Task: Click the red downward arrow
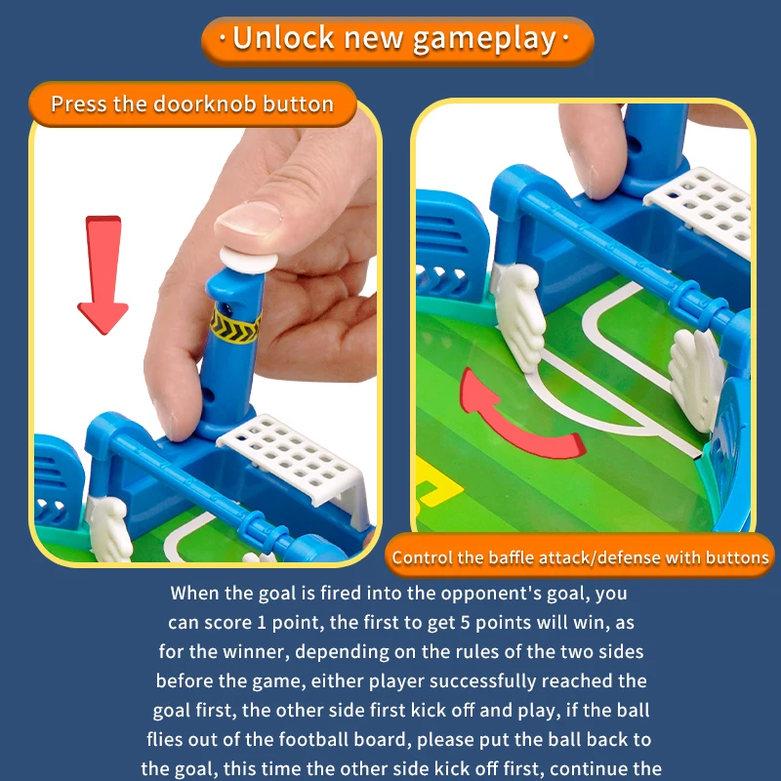click(x=103, y=274)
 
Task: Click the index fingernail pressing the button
click(x=248, y=218)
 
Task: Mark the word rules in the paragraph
click(x=480, y=651)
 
